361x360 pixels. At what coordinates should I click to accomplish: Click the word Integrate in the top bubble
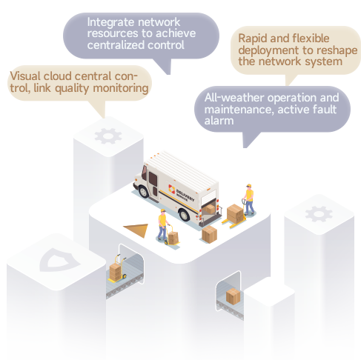(x=111, y=23)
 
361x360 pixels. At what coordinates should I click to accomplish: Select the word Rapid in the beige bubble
(x=252, y=39)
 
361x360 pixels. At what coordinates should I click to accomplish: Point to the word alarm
(x=219, y=121)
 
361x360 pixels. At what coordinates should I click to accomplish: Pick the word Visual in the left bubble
(x=25, y=76)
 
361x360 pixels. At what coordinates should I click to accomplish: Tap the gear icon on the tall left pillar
(x=108, y=136)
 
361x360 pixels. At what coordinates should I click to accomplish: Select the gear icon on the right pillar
(x=319, y=214)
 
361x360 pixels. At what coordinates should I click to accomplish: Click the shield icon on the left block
(x=60, y=260)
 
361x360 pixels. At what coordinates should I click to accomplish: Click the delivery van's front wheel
(x=144, y=191)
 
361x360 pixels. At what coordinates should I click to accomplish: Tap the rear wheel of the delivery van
(x=184, y=215)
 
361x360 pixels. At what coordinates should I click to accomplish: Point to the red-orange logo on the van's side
(x=171, y=189)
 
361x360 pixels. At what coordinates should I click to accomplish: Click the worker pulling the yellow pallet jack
(x=249, y=199)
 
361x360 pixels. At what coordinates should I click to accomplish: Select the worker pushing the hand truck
(x=162, y=224)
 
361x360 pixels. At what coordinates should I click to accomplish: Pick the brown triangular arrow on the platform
(x=136, y=230)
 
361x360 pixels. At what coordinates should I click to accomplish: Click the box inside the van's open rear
(x=209, y=209)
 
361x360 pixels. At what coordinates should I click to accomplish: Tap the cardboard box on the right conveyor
(x=233, y=296)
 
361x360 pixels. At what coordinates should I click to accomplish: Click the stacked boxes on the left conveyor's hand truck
(x=116, y=272)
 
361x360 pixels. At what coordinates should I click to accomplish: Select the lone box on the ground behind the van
(x=209, y=234)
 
